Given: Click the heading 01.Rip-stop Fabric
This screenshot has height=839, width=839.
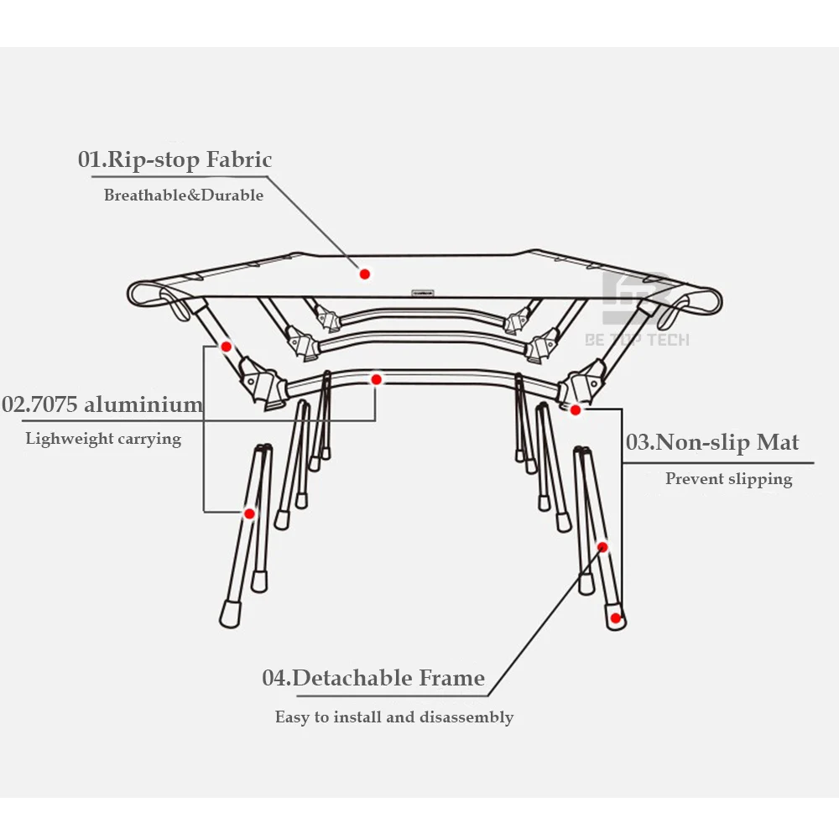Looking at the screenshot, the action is tap(175, 159).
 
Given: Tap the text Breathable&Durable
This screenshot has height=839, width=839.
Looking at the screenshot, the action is tap(183, 195).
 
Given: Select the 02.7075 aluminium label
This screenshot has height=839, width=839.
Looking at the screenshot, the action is tap(102, 404).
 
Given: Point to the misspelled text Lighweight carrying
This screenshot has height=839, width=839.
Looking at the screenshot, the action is tap(103, 438).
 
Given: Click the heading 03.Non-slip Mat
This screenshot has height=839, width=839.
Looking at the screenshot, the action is tap(712, 442).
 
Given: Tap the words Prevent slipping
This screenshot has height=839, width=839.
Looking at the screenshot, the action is tap(728, 479).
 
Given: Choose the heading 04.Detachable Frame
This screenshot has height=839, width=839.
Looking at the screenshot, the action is tap(373, 678).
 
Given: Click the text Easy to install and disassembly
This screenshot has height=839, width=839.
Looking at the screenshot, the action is tap(393, 717).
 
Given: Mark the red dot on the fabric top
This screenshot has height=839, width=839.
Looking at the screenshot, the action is tap(364, 274).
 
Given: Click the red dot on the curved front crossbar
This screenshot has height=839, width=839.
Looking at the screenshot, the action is tap(377, 380).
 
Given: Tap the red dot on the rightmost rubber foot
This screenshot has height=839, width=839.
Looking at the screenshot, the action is tap(616, 619).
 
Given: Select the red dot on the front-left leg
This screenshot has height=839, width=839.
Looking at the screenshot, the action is tap(249, 513).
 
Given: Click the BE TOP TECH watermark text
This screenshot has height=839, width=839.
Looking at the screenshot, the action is tap(637, 340).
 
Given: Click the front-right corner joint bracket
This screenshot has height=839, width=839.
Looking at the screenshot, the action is tap(581, 386).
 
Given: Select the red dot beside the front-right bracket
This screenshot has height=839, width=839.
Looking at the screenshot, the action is tap(576, 410).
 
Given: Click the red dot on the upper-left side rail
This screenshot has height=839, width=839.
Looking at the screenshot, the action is tap(226, 345).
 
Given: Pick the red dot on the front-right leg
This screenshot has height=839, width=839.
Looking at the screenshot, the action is tap(602, 547).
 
